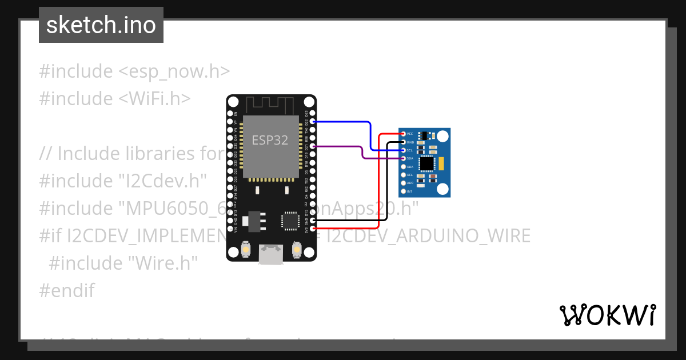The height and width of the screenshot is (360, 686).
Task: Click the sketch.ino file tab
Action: pyautogui.click(x=101, y=25)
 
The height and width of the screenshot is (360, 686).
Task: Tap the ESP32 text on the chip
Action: pyautogui.click(x=270, y=140)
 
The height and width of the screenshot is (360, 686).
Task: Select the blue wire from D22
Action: pyautogui.click(x=343, y=122)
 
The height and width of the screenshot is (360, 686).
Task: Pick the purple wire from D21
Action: pyautogui.click(x=337, y=146)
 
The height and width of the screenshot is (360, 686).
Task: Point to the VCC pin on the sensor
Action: pyautogui.click(x=404, y=133)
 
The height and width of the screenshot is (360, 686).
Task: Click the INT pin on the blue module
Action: pyautogui.click(x=404, y=191)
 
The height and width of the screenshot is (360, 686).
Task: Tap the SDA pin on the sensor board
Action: pyautogui.click(x=404, y=158)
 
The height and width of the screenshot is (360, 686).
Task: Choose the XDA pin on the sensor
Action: pyautogui.click(x=404, y=166)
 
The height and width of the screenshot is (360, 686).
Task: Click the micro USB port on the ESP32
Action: pyautogui.click(x=271, y=255)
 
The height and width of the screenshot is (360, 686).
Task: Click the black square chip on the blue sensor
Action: pyautogui.click(x=426, y=164)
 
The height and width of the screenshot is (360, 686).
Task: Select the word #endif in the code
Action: pyautogui.click(x=67, y=290)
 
